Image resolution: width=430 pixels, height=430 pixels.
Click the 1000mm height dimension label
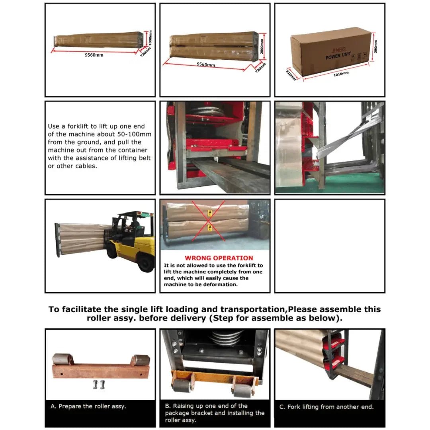click(x=150, y=38)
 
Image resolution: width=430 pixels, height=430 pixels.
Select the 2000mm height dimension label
click(x=262, y=46)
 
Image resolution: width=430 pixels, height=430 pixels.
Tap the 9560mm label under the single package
click(x=94, y=55)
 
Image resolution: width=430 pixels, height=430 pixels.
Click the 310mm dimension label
click(x=291, y=74)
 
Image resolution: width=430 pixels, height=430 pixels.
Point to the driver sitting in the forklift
click(x=134, y=227)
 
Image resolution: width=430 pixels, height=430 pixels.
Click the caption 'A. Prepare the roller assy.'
click(x=88, y=407)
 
